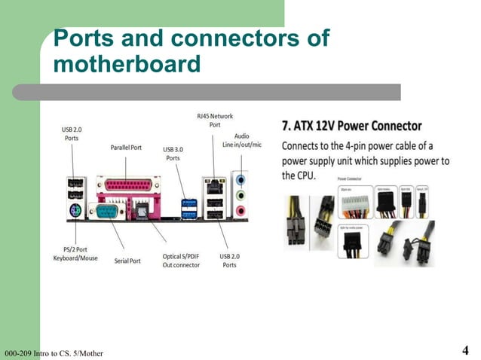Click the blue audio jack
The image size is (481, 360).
coord(241,181)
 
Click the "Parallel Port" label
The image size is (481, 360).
coord(126,148)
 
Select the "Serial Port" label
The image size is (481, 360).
coord(127,261)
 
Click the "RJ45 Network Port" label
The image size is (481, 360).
coord(215,120)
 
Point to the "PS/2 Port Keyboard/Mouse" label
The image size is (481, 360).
coord(75,254)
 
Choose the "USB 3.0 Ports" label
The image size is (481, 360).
coord(173,154)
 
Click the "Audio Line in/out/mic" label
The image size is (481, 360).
coord(241,140)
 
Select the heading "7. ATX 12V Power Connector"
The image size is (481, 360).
coord(351,125)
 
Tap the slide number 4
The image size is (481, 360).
coord(464,350)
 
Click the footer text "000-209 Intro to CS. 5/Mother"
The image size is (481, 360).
coord(53,353)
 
